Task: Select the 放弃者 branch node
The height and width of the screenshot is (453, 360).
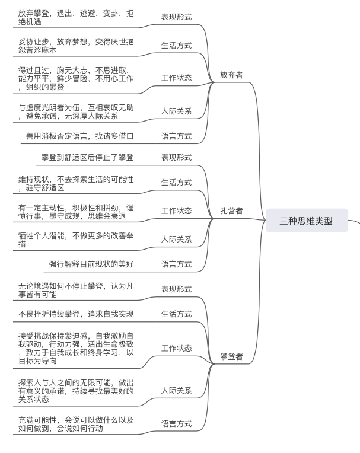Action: (x=231, y=75)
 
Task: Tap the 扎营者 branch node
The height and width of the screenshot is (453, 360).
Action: (x=231, y=210)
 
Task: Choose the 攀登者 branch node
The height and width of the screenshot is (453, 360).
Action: (x=231, y=357)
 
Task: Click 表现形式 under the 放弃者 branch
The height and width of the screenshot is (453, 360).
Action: (x=176, y=17)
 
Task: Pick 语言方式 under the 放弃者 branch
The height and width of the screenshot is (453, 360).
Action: (x=176, y=136)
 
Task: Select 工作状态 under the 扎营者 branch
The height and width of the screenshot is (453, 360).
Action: (x=176, y=210)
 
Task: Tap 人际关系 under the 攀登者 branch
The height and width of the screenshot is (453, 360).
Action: (x=176, y=390)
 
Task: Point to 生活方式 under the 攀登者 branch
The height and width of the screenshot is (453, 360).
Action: (x=176, y=314)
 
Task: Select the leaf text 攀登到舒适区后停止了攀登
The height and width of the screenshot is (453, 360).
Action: (x=87, y=157)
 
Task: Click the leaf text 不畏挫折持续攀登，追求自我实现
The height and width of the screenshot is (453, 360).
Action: (x=76, y=314)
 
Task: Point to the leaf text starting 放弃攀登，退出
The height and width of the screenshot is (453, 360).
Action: (x=75, y=17)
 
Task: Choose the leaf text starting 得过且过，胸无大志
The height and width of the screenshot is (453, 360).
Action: (x=76, y=78)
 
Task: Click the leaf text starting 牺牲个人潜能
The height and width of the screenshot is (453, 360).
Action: (x=76, y=239)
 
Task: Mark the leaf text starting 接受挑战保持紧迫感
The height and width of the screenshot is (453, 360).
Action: (x=76, y=348)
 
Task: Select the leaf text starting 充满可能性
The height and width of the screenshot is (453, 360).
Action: (x=76, y=423)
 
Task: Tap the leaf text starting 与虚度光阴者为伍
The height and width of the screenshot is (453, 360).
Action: (x=76, y=111)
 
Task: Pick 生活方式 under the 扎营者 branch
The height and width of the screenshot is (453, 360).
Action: (x=176, y=182)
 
